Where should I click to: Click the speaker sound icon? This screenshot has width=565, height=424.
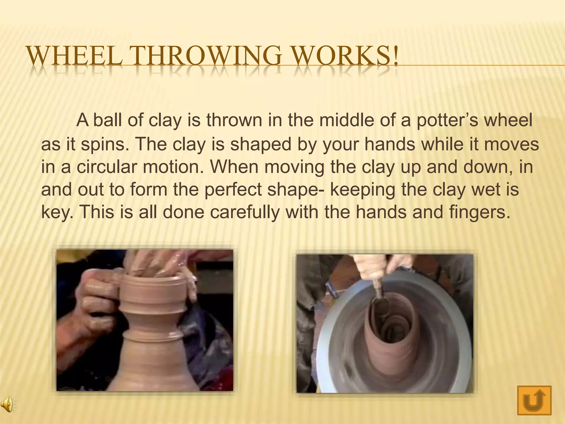point(8,405)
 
